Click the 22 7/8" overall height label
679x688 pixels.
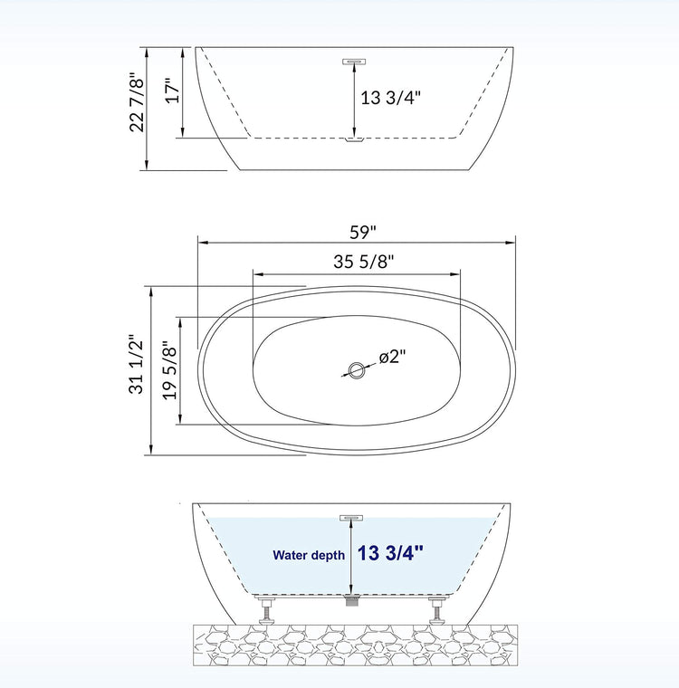137,105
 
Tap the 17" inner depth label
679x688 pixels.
173,91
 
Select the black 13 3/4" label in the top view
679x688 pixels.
390,98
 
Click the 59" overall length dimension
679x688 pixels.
363,232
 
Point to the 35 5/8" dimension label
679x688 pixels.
363,262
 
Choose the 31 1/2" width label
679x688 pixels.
137,365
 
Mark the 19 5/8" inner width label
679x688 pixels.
170,370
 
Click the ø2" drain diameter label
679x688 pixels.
392,357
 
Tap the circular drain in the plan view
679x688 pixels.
356,371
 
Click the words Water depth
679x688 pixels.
309,555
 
